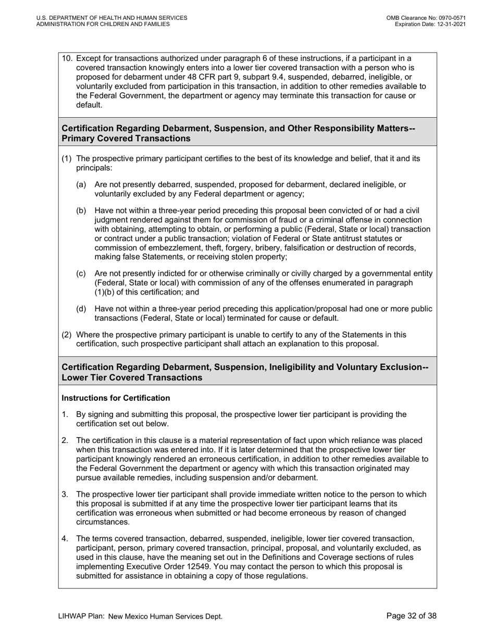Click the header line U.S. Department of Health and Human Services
(x=112, y=18)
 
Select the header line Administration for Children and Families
(x=103, y=24)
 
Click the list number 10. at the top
(x=67, y=58)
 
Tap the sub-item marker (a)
(x=81, y=184)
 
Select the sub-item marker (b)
(x=81, y=211)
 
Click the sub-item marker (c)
(x=81, y=273)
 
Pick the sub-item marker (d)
(x=81, y=309)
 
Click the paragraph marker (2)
(x=67, y=335)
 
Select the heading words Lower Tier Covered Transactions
(x=132, y=377)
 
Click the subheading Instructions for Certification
(x=116, y=398)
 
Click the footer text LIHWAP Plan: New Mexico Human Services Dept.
(x=140, y=617)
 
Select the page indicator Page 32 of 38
(x=412, y=616)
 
